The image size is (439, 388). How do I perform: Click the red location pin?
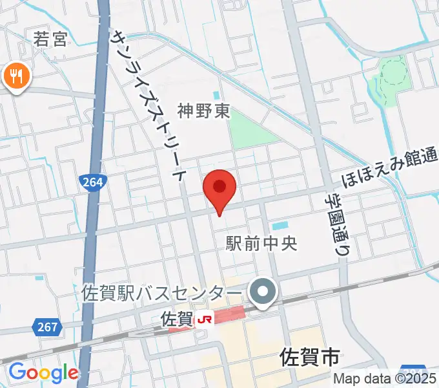click(x=219, y=189)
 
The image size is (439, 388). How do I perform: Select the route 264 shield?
click(x=94, y=183)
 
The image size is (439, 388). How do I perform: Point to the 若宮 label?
click(x=50, y=40)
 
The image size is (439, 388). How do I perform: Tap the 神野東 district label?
click(x=204, y=111)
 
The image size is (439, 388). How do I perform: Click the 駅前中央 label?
click(x=261, y=243)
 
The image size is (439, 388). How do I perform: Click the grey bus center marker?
click(x=263, y=292)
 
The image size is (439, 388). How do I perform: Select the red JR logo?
click(x=205, y=319)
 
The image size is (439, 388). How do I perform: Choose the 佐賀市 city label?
click(x=310, y=356)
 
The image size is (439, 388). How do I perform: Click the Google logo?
click(x=43, y=372)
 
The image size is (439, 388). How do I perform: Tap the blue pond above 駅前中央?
click(x=280, y=226)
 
